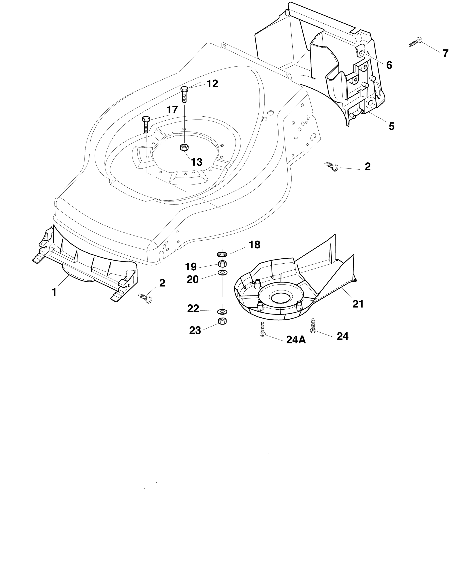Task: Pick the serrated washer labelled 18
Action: click(222, 254)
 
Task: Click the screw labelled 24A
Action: click(262, 328)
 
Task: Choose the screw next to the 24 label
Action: click(313, 326)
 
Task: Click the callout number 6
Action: click(389, 65)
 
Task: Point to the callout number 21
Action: click(358, 304)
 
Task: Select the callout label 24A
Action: click(296, 340)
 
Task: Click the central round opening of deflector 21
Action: click(281, 298)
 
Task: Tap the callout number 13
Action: click(197, 162)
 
